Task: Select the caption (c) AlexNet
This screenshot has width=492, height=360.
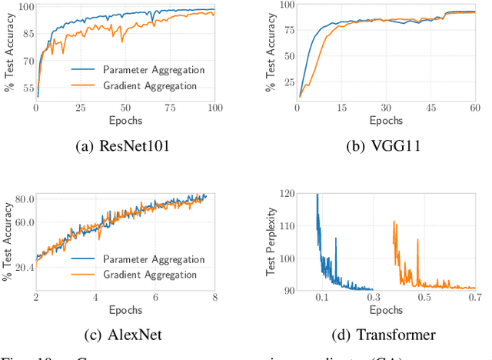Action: [125, 335]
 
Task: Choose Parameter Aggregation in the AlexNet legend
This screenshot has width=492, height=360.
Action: [154, 260]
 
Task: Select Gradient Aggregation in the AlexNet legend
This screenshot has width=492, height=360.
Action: [150, 273]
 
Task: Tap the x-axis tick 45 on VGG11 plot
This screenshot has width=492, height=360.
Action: [430, 109]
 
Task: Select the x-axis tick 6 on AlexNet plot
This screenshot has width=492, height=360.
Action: [155, 297]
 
